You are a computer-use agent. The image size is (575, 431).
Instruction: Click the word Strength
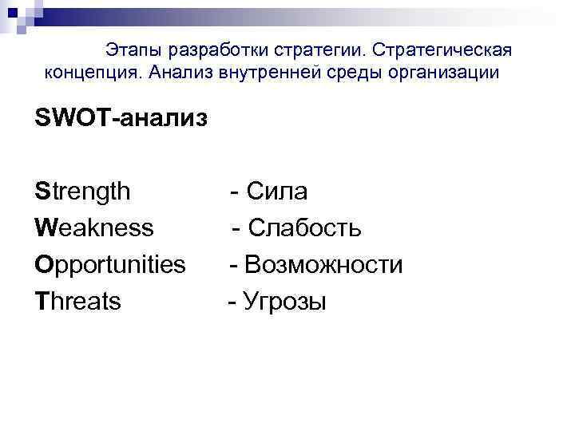82,192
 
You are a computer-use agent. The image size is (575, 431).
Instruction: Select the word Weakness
94,228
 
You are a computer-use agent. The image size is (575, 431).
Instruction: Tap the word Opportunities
110,265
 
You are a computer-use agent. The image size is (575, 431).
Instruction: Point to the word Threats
78,301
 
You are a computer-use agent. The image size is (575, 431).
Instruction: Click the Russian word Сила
277,192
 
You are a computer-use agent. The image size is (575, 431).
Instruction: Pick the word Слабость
304,228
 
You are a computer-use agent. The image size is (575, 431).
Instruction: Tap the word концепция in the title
89,73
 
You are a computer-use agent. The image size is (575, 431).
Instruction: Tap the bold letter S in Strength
42,192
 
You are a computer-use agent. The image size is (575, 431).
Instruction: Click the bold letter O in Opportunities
43,264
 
